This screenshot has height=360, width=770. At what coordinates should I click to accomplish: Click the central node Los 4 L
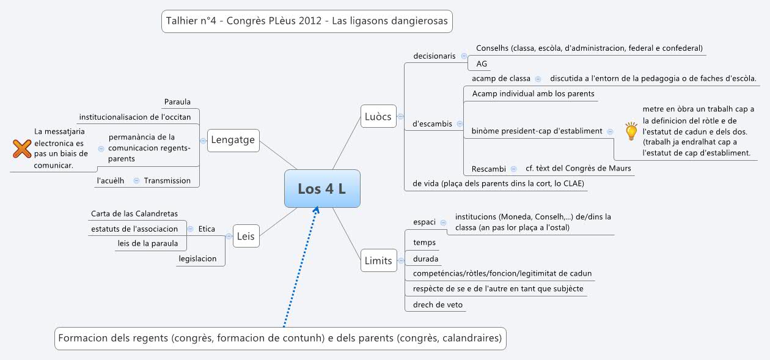tap(322, 188)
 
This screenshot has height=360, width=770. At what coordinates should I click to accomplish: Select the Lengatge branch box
tap(233, 141)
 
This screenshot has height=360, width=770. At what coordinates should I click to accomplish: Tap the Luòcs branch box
tap(378, 116)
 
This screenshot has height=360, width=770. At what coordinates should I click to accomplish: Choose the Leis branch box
tap(246, 236)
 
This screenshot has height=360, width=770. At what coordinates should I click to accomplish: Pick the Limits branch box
tap(378, 260)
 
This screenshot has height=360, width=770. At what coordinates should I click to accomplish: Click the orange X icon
tap(22, 149)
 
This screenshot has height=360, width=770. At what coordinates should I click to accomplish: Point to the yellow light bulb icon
tap(631, 131)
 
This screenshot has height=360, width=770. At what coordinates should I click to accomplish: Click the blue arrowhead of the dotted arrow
tap(316, 210)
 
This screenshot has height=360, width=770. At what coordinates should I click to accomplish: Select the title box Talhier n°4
tap(307, 21)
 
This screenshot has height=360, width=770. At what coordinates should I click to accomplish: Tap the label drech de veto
tap(438, 304)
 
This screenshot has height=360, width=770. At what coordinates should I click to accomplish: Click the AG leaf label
tap(482, 64)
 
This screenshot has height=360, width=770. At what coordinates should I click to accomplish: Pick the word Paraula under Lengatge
tap(177, 102)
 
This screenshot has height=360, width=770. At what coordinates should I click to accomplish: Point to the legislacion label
tap(197, 259)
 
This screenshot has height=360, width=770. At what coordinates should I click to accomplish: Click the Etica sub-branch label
tap(207, 229)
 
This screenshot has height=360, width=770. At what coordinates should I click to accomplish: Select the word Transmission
tap(167, 180)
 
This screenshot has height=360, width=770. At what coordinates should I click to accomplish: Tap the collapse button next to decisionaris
tap(464, 56)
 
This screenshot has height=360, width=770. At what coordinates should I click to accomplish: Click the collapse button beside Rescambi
tap(513, 169)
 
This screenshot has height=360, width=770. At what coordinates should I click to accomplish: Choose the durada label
tap(425, 259)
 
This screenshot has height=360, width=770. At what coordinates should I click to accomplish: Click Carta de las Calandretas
tap(134, 213)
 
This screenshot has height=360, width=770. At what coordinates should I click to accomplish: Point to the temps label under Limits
tap(424, 243)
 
